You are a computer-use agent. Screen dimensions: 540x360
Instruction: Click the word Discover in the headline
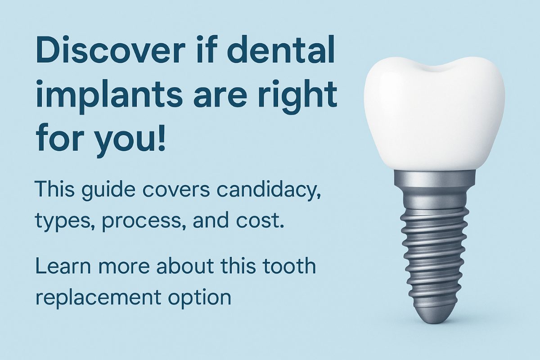click(111, 49)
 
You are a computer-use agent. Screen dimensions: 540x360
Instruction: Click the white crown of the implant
click(434, 113)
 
